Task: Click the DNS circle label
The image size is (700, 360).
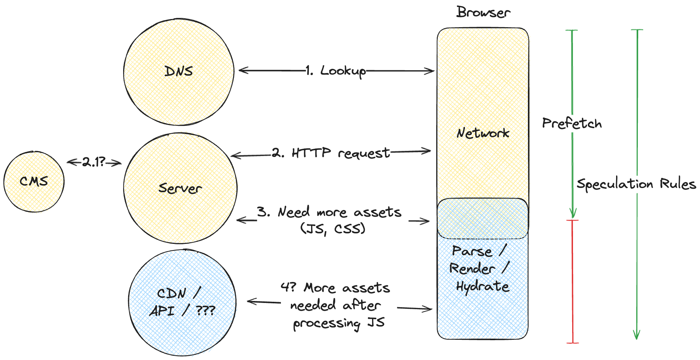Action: point(178,71)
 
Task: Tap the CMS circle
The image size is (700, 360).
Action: point(34,181)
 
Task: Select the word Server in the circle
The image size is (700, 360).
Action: point(180,188)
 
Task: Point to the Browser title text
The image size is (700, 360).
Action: point(483,12)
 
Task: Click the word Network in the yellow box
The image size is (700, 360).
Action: point(482,133)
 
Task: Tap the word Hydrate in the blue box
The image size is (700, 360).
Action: point(482,287)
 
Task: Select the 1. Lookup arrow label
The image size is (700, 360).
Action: point(336,71)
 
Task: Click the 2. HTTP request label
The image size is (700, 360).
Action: point(331,153)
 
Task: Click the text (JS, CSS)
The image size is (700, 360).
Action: point(333,229)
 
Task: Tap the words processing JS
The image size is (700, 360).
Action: point(338,323)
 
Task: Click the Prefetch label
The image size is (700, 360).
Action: point(571,123)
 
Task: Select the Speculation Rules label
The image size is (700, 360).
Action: point(636,184)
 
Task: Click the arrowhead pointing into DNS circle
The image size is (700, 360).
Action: point(242,70)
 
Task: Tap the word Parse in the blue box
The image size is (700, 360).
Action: point(472,251)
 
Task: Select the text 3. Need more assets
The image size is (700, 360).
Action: point(329,212)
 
